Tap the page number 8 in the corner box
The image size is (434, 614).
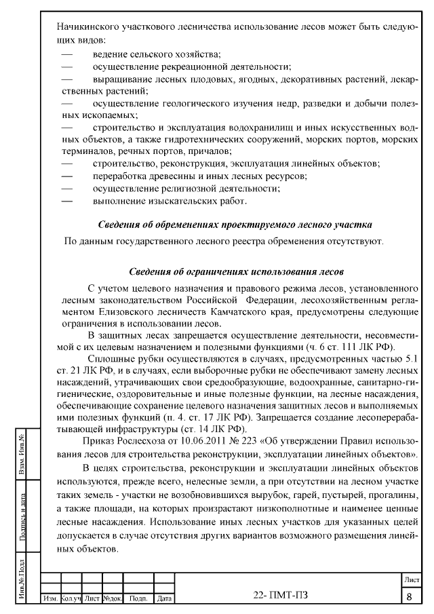pyautogui.click(x=410, y=597)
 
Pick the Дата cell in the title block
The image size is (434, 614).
pyautogui.click(x=163, y=598)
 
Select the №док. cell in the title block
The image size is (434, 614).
pyautogui.click(x=112, y=598)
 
